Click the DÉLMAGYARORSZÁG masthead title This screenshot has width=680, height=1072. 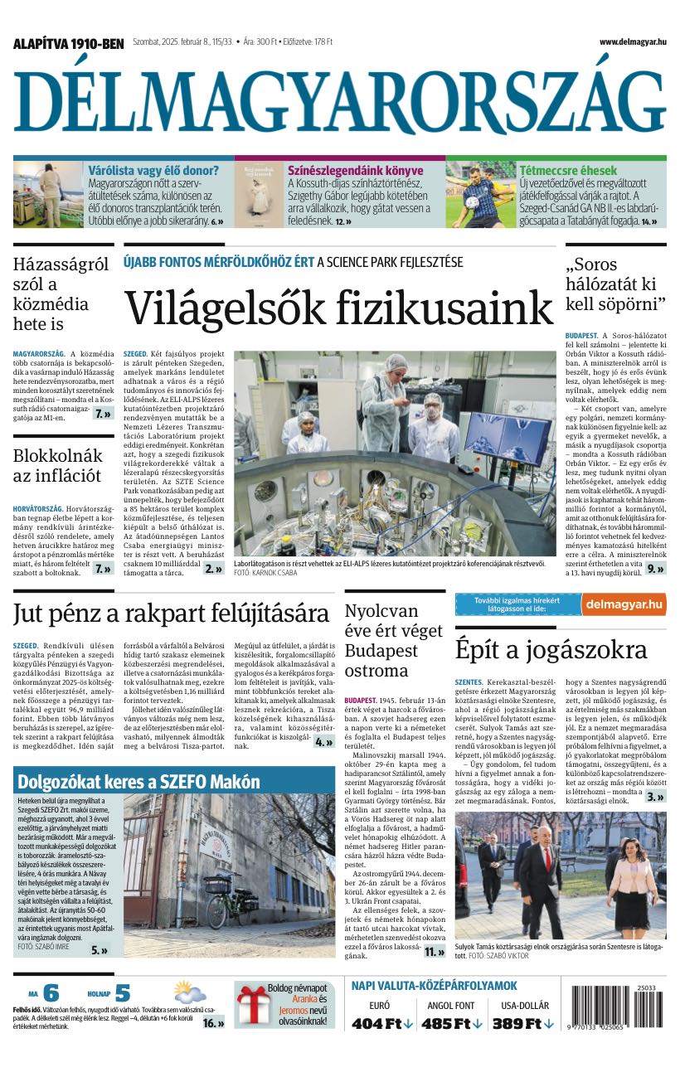pyautogui.click(x=339, y=102)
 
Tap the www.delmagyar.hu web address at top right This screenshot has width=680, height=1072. pyautogui.click(x=633, y=42)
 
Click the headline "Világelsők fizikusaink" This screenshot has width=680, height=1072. pyautogui.click(x=338, y=308)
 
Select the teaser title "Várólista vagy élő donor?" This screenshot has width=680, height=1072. pyautogui.click(x=154, y=171)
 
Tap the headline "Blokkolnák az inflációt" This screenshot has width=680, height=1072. pyautogui.click(x=58, y=465)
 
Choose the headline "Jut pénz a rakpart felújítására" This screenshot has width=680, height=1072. pyautogui.click(x=171, y=614)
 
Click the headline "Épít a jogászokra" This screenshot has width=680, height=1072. pyautogui.click(x=551, y=648)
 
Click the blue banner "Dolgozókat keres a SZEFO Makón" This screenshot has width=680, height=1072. pyautogui.click(x=138, y=781)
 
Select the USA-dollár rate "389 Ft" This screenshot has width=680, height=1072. pyautogui.click(x=523, y=1023)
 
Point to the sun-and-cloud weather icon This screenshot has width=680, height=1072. pyautogui.click(x=190, y=992)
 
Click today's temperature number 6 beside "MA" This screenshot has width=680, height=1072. pyautogui.click(x=51, y=993)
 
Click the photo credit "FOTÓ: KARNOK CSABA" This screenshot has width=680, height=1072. pyautogui.click(x=265, y=573)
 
